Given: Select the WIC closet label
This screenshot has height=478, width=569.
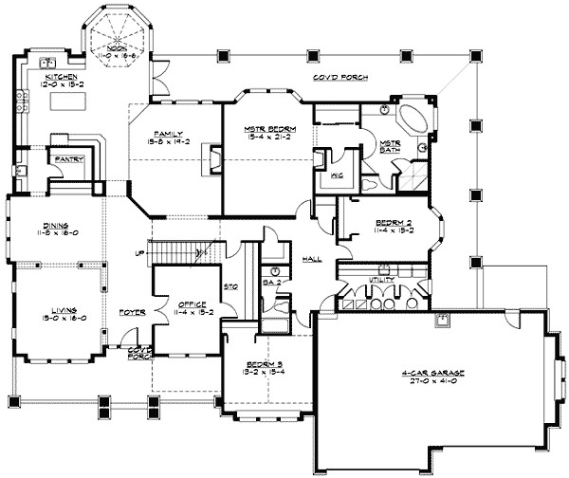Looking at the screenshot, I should (337, 175).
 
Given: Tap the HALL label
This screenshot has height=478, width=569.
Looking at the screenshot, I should (307, 258).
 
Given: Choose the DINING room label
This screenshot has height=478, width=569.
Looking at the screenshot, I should (46, 221).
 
